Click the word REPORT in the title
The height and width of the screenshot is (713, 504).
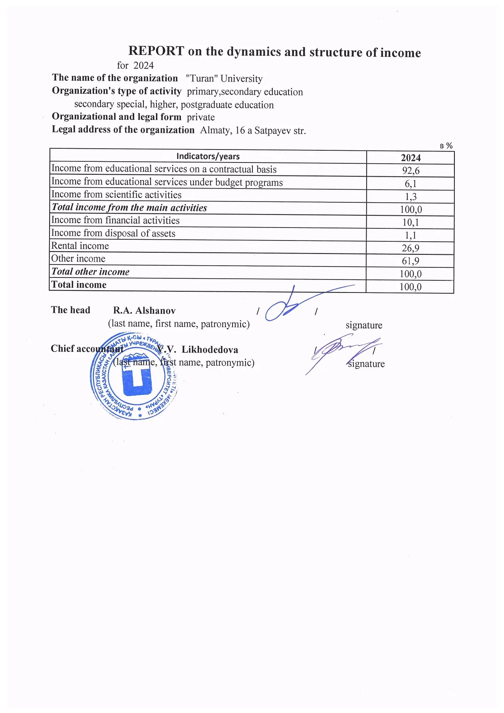click(x=156, y=51)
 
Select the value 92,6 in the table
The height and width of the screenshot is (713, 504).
click(x=411, y=171)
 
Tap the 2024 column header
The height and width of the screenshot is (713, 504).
click(x=411, y=158)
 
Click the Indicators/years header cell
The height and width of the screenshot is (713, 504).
click(x=208, y=156)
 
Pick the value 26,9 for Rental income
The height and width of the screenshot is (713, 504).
click(x=411, y=248)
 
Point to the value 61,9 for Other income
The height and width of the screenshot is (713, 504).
click(x=411, y=261)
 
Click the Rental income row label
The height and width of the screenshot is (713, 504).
click(x=80, y=246)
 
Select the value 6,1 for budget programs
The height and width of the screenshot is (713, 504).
click(x=411, y=184)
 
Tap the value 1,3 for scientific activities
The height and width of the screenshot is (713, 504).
click(x=411, y=197)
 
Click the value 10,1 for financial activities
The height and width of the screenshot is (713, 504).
click(x=411, y=222)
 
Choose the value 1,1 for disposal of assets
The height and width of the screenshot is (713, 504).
click(x=411, y=235)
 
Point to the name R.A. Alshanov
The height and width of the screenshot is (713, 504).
click(x=144, y=311)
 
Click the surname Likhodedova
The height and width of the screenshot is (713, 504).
click(x=210, y=350)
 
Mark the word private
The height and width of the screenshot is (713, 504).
click(x=201, y=117)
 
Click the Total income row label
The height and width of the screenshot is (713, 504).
click(x=79, y=285)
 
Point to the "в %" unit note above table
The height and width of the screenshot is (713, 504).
click(x=446, y=145)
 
